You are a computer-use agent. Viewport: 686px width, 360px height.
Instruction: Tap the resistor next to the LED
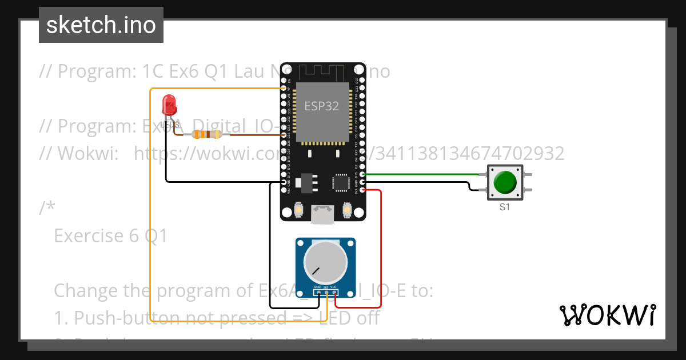point(206,134)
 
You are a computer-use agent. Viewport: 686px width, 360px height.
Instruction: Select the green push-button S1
point(505,183)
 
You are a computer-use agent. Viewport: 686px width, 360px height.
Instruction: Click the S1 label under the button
point(505,207)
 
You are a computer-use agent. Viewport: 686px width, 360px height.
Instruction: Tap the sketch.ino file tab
point(101,25)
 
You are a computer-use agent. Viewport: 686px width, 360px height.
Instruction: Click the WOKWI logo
point(607,315)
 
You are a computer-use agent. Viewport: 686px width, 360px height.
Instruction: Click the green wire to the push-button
point(423,174)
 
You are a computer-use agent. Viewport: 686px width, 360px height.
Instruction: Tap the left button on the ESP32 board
point(298,211)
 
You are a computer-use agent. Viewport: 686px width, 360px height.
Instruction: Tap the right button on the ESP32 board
point(347,211)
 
